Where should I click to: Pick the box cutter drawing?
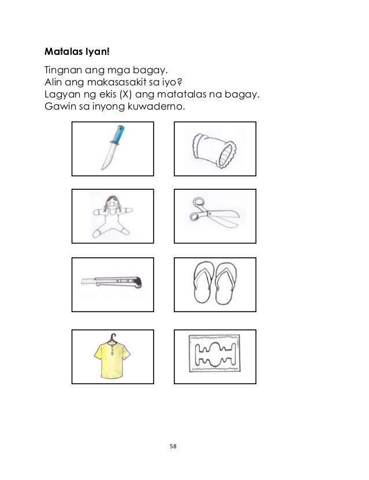111,282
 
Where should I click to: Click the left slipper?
203,282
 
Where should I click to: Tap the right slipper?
226,283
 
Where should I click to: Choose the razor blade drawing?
215,353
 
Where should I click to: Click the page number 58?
173,447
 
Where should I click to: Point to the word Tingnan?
63,71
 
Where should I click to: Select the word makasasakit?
129,82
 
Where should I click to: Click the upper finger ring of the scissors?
198,202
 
